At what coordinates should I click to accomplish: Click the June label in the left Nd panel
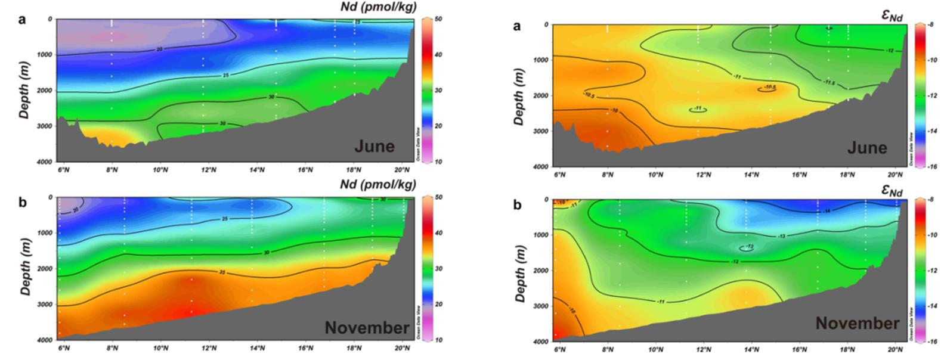coord(375,146)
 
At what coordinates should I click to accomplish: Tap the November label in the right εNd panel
coord(858,324)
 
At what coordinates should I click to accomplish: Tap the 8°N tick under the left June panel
coord(112,170)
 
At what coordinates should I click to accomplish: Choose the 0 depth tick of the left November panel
coord(50,197)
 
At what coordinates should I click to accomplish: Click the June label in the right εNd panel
coord(867,147)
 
